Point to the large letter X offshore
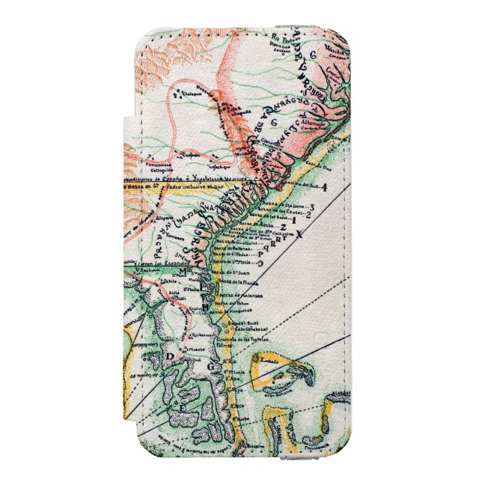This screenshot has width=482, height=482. (299, 234)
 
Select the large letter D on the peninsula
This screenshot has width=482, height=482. (169, 355)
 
